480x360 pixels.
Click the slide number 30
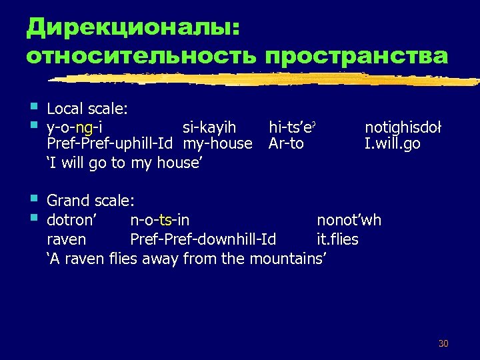click(x=443, y=343)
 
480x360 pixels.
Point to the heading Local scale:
click(x=87, y=108)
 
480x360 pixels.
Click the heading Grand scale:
click(x=91, y=201)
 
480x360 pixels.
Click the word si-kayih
click(x=209, y=126)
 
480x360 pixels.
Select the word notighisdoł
click(x=403, y=126)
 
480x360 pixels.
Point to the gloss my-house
click(x=218, y=143)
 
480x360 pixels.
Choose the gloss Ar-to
click(x=286, y=143)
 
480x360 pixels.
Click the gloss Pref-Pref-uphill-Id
click(x=110, y=143)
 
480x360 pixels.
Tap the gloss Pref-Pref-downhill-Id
click(x=203, y=239)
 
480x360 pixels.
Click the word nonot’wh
click(x=349, y=219)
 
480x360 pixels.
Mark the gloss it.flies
click(x=337, y=239)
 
